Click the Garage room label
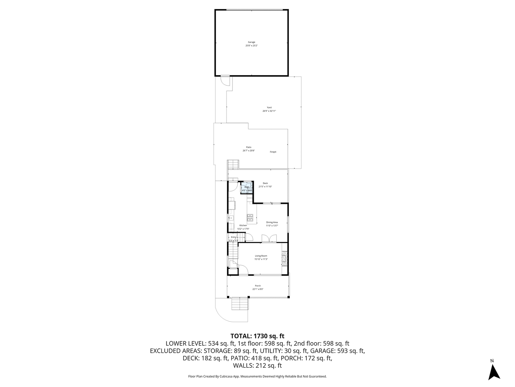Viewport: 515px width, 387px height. click(x=251, y=42)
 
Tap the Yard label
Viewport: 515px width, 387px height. click(x=269, y=107)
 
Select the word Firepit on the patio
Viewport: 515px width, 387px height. click(x=273, y=152)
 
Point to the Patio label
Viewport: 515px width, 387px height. click(x=248, y=147)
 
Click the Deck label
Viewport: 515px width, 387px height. click(x=265, y=183)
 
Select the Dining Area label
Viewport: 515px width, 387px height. click(x=272, y=222)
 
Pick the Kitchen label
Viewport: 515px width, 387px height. click(x=243, y=225)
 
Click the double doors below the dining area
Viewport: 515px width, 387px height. click(x=269, y=239)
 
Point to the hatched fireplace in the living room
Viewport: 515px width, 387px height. click(x=283, y=258)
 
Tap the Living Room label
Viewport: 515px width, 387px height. click(x=261, y=256)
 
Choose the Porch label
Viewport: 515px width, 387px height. click(x=258, y=286)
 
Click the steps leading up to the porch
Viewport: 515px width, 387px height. click(x=239, y=304)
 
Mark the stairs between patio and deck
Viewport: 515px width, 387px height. click(x=233, y=165)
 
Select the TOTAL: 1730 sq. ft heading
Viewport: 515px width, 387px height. click(x=257, y=336)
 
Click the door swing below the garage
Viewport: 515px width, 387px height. click(x=225, y=81)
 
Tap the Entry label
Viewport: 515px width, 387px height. click(x=233, y=237)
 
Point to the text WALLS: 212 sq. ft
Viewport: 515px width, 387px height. click(x=257, y=365)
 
